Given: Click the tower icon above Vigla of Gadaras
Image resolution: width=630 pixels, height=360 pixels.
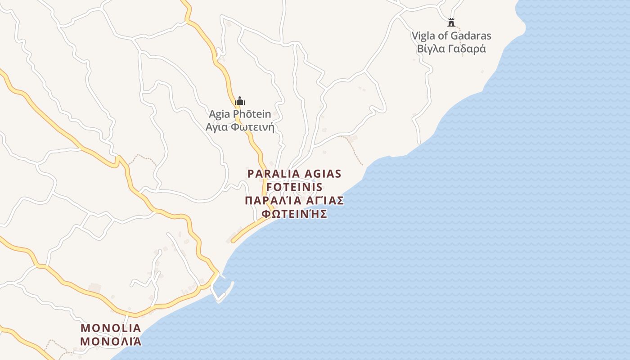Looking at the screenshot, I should pyautogui.click(x=451, y=22).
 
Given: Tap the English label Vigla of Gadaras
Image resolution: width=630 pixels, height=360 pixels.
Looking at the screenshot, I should pyautogui.click(x=451, y=36).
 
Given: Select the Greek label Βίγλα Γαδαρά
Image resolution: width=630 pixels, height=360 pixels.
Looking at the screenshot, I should pyautogui.click(x=451, y=49).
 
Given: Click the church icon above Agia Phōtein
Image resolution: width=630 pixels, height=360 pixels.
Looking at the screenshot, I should pyautogui.click(x=240, y=101).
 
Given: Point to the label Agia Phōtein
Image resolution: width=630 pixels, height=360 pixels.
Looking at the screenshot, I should pyautogui.click(x=240, y=114).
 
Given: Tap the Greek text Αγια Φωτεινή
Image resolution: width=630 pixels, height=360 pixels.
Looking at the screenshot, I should pyautogui.click(x=240, y=127).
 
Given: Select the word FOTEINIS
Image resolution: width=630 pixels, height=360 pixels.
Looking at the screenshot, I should pyautogui.click(x=294, y=187).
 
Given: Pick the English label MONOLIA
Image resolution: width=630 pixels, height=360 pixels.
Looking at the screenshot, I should pyautogui.click(x=111, y=328).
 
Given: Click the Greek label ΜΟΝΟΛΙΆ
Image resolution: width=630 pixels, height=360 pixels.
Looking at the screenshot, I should pyautogui.click(x=111, y=341).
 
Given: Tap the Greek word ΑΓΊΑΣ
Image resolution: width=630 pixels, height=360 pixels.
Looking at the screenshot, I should pyautogui.click(x=325, y=200).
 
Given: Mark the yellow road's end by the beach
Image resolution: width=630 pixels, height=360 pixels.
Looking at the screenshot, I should pyautogui.click(x=233, y=241).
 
